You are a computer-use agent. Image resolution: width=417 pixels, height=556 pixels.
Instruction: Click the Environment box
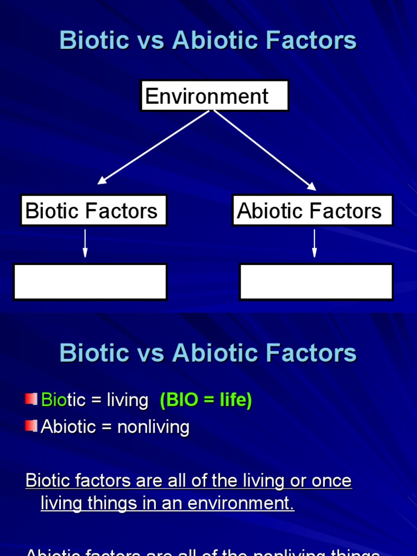coord(214,96)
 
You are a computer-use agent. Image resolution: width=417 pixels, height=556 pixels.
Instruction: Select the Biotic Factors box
coord(93,211)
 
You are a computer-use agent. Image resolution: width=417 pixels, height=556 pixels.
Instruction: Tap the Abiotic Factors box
coord(312,211)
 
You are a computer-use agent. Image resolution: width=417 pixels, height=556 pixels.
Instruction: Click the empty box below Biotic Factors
coord(90,282)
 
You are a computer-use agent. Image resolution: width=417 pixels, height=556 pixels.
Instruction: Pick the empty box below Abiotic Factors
coord(316,282)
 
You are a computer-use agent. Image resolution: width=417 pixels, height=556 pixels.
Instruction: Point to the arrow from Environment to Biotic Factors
coord(154,147)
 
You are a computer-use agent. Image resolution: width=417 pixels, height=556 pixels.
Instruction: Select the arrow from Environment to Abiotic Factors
coord(265,150)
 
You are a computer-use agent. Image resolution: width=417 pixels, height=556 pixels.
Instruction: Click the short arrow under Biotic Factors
coord(85,243)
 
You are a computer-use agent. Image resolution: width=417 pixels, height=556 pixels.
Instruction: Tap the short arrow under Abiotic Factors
coord(314,243)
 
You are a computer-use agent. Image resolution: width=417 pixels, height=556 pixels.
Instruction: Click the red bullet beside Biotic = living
coord(31,399)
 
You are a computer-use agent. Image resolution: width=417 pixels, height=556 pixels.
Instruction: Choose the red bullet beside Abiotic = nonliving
coord(31,426)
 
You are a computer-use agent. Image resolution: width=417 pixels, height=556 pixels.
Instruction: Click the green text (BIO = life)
coord(206,401)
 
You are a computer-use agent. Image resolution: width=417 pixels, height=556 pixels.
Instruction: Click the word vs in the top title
coord(151,41)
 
